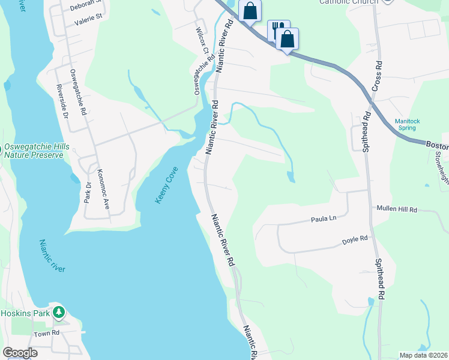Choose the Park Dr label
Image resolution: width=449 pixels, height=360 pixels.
[x=88, y=192]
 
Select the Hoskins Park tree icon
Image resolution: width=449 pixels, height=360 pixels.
[x=58, y=312]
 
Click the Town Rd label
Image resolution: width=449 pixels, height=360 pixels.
[x=47, y=334]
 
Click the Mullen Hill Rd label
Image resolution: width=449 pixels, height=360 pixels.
[x=396, y=209]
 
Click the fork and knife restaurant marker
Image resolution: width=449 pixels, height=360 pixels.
[x=277, y=29]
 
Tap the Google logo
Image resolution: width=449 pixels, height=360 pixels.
[x=20, y=353]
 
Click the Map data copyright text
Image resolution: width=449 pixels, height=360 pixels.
[x=422, y=355]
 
